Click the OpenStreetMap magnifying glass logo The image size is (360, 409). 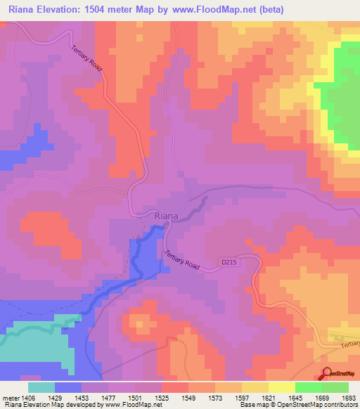(x=328, y=375)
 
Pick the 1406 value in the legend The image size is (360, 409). (x=28, y=398)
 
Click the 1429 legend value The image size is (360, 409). (x=55, y=398)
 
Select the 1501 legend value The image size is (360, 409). (x=135, y=398)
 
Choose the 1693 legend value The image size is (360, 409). (x=349, y=398)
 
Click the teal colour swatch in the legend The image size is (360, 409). (x=41, y=387)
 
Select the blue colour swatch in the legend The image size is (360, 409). (x=68, y=387)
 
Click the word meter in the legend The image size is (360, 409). (x=10, y=398)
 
